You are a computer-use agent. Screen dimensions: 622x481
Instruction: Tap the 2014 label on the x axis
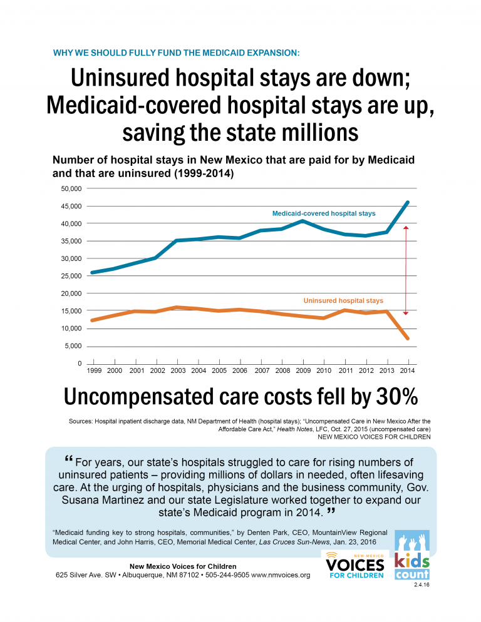[408, 371]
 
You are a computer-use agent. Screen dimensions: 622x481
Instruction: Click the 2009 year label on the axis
[303, 371]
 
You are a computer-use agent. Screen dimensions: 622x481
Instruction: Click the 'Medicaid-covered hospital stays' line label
[324, 213]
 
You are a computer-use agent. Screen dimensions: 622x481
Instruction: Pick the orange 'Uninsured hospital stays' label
[343, 301]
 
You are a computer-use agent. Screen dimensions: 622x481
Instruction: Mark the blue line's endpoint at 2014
[408, 202]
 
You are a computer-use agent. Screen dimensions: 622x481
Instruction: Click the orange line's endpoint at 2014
[408, 339]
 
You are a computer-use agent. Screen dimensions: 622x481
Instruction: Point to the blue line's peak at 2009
[303, 221]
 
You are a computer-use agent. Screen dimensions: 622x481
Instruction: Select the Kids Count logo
[411, 555]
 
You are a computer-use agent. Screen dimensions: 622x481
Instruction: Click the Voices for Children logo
[354, 565]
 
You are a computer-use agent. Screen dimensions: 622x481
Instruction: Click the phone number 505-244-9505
[225, 575]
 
